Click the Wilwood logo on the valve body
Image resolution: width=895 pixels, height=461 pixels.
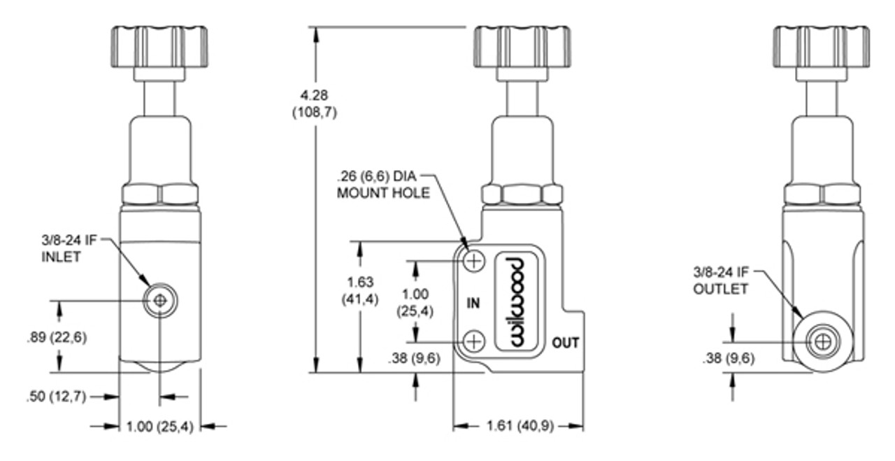tap(517, 301)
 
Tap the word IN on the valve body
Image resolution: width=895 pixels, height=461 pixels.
tap(473, 303)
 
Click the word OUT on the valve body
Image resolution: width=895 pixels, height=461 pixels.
tap(565, 343)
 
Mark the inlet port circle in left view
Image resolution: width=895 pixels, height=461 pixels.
tap(160, 301)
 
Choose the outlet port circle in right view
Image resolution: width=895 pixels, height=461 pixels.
tap(823, 342)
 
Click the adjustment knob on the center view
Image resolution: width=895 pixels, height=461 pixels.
tap(522, 47)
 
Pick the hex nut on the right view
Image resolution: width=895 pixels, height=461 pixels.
tap(822, 194)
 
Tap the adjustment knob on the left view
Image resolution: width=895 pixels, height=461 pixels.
tap(159, 47)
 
